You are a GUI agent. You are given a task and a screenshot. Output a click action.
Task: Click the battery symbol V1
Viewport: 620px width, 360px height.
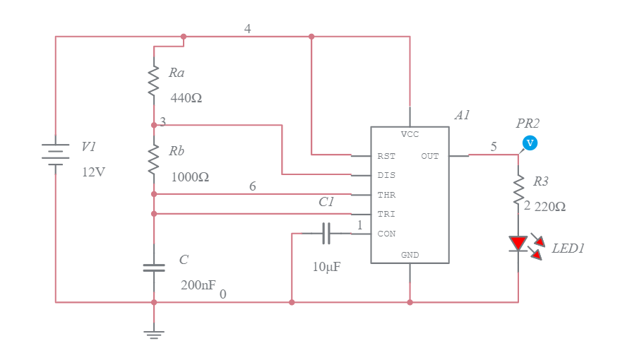(56, 154)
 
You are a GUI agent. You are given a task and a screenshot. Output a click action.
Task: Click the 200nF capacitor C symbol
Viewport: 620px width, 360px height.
(154, 268)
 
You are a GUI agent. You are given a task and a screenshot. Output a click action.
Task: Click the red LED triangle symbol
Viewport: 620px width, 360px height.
(519, 244)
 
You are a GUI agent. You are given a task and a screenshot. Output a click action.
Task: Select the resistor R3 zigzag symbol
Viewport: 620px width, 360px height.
(519, 189)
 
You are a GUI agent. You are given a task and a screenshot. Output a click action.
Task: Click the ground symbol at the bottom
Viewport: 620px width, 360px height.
(154, 332)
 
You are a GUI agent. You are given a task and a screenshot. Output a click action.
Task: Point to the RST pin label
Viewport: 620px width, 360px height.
(386, 156)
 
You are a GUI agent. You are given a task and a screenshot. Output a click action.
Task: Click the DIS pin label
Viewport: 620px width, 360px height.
(386, 175)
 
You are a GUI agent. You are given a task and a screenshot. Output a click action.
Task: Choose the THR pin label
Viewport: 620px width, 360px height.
(386, 194)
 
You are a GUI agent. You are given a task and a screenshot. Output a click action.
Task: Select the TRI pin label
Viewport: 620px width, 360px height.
(386, 214)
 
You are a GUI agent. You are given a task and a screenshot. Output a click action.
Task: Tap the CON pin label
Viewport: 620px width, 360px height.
(386, 234)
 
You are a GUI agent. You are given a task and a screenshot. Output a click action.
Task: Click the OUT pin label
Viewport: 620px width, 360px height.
(430, 156)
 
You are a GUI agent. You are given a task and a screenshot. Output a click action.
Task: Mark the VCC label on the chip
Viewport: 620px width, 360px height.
(410, 134)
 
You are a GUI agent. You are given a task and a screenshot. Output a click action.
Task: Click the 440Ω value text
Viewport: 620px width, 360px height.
(186, 99)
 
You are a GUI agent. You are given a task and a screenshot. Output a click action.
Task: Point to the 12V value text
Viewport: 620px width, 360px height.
(94, 172)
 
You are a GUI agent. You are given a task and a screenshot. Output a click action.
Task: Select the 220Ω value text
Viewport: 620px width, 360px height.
(550, 207)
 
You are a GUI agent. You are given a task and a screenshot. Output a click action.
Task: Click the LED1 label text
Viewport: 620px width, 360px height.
(568, 248)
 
